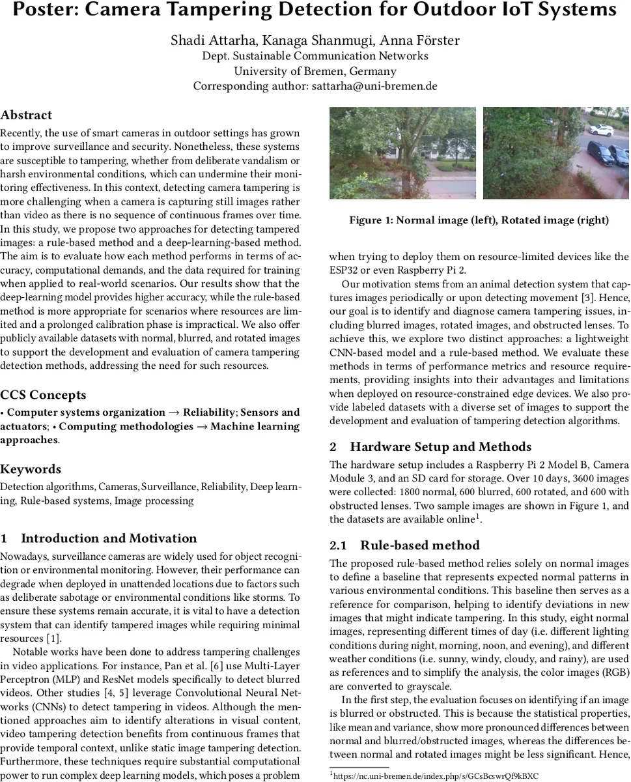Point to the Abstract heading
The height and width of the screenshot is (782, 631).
26,115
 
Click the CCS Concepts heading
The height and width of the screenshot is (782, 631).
43,395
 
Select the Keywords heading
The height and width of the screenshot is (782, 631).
31,469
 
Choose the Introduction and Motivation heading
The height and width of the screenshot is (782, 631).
108,538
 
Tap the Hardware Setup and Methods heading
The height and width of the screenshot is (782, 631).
440,447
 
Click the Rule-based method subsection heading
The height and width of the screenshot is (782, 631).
419,545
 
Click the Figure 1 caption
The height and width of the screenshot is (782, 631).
479,220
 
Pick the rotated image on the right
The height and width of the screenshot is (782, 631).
555,152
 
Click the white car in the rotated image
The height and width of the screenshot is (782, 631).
600,130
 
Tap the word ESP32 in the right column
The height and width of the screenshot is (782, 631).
344,270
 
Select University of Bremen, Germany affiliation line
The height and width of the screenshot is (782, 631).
315,71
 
